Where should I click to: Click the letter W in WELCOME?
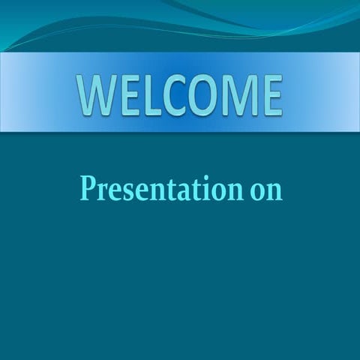click(94, 95)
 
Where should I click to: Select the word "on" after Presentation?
click(266, 190)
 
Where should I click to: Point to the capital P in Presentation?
click(88, 187)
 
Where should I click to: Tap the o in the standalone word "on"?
click(257, 191)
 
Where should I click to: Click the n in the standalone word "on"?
click(274, 191)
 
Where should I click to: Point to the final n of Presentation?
click(233, 191)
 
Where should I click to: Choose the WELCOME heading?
click(180, 95)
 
